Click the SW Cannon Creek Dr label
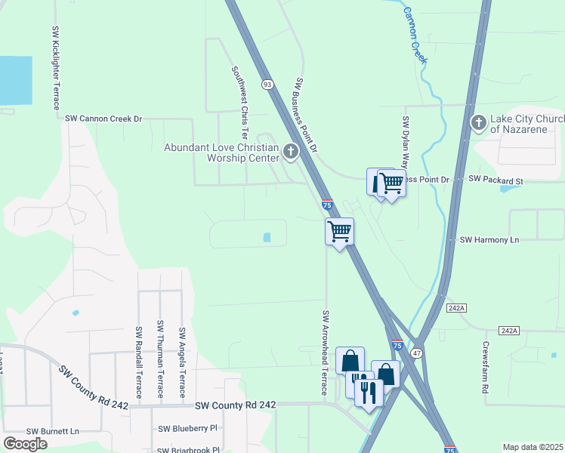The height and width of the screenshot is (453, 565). pyautogui.click(x=103, y=119)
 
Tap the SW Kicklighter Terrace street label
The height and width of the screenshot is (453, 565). pyautogui.click(x=56, y=68)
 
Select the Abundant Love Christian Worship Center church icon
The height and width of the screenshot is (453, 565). pyautogui.click(x=290, y=153)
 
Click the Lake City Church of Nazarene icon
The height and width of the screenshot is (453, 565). pyautogui.click(x=477, y=123)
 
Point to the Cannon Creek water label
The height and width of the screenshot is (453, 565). pyautogui.click(x=415, y=35)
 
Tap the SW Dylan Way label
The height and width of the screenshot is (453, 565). pyautogui.click(x=406, y=143)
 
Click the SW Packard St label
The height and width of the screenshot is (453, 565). pyautogui.click(x=496, y=180)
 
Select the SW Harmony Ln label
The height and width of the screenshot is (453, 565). pyautogui.click(x=490, y=239)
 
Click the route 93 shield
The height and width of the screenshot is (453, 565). pyautogui.click(x=267, y=84)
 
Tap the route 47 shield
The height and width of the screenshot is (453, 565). pyautogui.click(x=416, y=353)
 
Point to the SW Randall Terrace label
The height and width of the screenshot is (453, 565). pyautogui.click(x=139, y=362)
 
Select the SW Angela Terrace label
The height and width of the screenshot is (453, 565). pyautogui.click(x=182, y=362)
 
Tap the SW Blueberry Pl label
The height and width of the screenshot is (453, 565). pyautogui.click(x=187, y=428)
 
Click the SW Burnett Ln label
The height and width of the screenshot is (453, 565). pyautogui.click(x=53, y=431)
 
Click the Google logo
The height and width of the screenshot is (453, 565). pyautogui.click(x=25, y=444)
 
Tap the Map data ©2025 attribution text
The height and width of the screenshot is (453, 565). pyautogui.click(x=533, y=447)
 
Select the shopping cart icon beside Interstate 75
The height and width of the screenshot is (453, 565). pyautogui.click(x=340, y=230)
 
